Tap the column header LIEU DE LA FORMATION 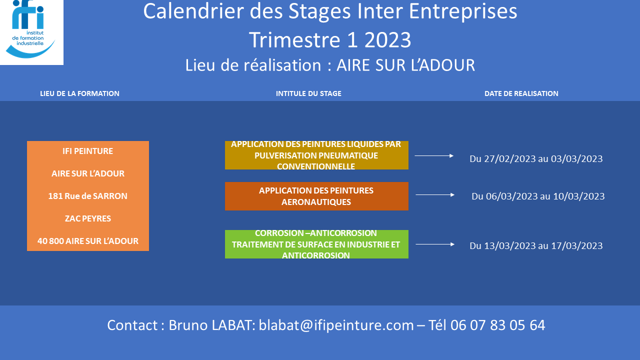tap(79, 93)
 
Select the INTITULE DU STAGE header tap(308, 93)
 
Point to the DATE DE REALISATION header tap(521, 93)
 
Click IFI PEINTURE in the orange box tap(87, 151)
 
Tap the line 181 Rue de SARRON tap(87, 196)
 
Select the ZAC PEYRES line tap(87, 218)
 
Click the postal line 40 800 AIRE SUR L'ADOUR tap(87, 241)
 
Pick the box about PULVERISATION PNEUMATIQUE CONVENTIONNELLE tap(316, 155)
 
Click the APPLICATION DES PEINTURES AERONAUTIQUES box tap(316, 196)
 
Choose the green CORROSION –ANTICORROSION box tap(316, 244)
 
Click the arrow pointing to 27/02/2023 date tap(434, 155)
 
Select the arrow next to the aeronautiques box tap(435, 195)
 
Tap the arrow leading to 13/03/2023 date tap(435, 244)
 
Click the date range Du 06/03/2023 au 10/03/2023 tap(538, 196)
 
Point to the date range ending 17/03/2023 tap(536, 245)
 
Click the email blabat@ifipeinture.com tap(336, 325)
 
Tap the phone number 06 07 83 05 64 tap(497, 325)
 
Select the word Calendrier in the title tap(193, 11)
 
